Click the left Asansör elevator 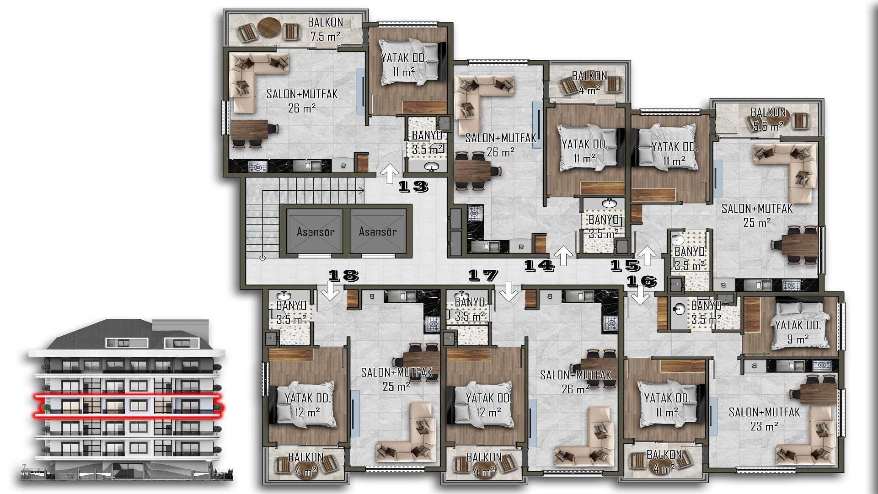(x=315, y=231)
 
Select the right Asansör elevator (x=378, y=231)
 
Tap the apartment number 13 (x=413, y=186)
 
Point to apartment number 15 (x=626, y=265)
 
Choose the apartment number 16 (x=642, y=281)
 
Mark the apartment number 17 (x=483, y=275)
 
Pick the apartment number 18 (x=343, y=275)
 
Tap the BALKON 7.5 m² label (x=325, y=29)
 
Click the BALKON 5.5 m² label (x=768, y=119)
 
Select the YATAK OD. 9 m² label (x=798, y=332)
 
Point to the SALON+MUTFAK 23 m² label (x=764, y=419)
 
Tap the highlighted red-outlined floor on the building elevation (x=127, y=406)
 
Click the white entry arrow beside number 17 (x=509, y=292)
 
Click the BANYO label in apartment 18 (x=291, y=305)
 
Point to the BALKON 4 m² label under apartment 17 (x=484, y=464)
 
